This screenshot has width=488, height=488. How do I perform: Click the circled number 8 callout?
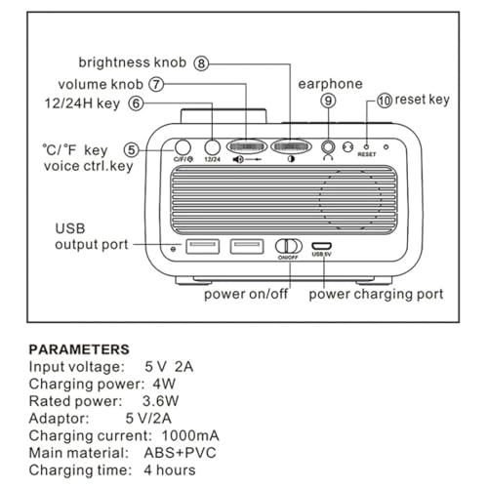pos(201,63)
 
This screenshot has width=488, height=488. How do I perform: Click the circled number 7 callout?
pos(156,85)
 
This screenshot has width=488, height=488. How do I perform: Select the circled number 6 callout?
pos(136,103)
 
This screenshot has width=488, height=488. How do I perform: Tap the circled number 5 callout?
pos(132,150)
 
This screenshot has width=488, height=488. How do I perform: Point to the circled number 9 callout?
pos(328,101)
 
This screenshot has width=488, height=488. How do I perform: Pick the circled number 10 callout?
pos(385,101)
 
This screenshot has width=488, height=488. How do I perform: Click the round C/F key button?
pos(183,147)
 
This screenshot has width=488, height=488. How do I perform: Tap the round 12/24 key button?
pos(212,147)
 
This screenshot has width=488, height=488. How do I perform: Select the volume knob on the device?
pos(247,147)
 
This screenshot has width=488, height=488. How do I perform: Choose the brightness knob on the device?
pos(291,147)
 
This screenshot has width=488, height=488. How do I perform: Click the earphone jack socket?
pos(328,147)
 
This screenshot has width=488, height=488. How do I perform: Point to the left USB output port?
pos(203,246)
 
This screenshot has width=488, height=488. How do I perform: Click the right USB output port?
pos(247,246)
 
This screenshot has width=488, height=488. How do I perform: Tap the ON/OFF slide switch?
pos(289,246)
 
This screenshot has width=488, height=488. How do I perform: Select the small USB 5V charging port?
pos(322,246)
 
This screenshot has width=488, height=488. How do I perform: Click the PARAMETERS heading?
pos(79,349)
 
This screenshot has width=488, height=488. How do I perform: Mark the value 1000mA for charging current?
pos(190,435)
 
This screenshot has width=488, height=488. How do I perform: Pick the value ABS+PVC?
pos(180,453)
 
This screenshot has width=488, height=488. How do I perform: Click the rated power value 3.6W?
pos(160,401)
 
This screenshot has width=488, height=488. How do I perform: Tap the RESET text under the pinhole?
pos(367,154)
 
